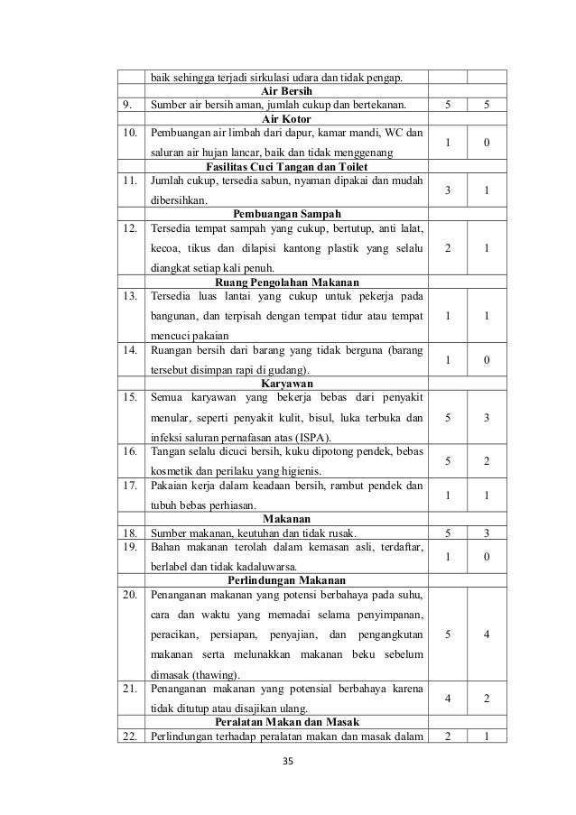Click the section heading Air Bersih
tap(285, 92)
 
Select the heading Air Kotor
tap(285, 118)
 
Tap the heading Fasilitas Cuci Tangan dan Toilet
tap(285, 168)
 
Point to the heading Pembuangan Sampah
tap(286, 215)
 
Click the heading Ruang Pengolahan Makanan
tap(286, 282)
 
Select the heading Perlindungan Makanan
tap(286, 579)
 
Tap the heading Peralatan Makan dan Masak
tap(286, 722)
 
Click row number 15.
tap(135, 396)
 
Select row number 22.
tap(135, 736)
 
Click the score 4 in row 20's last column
tap(487, 634)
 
